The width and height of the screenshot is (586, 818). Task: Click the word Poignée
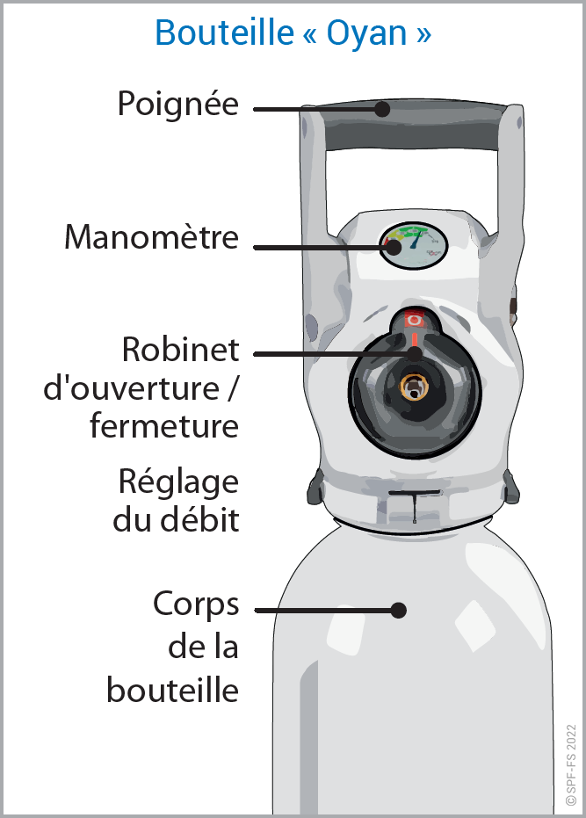point(178,105)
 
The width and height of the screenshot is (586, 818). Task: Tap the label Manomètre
point(151,237)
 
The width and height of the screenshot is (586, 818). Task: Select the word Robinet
point(180,349)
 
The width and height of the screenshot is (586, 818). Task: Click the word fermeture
point(164,426)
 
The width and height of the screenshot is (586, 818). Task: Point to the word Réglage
point(178,482)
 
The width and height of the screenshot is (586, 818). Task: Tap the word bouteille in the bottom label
point(173,689)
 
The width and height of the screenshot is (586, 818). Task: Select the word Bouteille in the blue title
point(224,33)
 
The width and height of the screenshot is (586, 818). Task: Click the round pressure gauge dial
point(414,245)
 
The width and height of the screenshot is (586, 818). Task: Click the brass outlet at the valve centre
point(413,386)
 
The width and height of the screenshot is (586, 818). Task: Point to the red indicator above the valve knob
point(414,320)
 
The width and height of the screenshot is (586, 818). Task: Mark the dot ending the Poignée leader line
point(381,109)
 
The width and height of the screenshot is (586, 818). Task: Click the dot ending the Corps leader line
point(399,609)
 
